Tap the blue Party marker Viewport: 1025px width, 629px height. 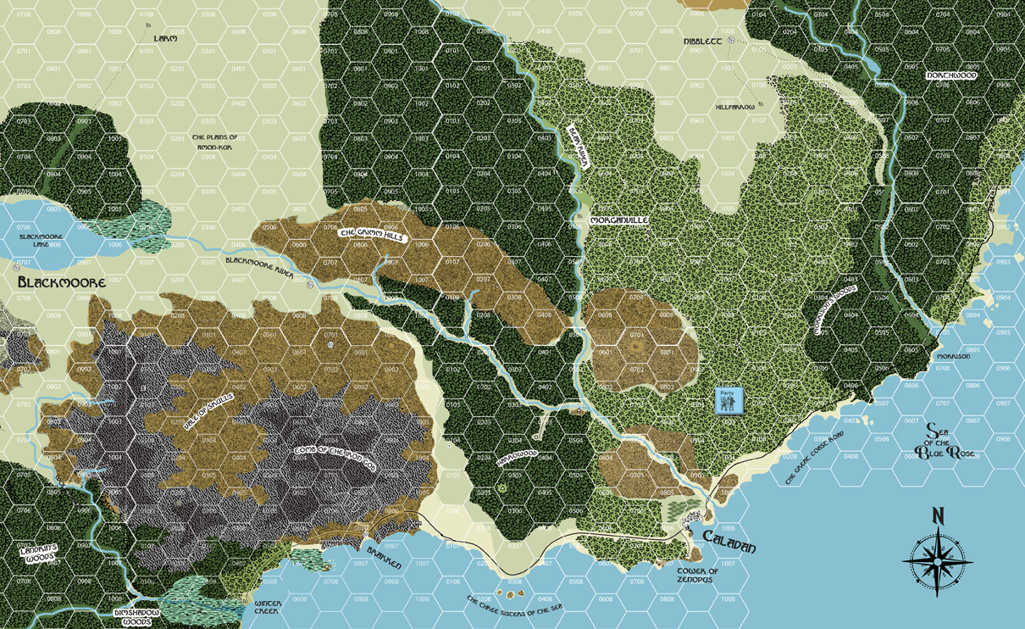coord(727,401)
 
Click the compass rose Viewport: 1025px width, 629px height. coord(938,553)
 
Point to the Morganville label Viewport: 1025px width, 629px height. coord(618,220)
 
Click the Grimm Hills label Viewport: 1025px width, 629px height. coord(371,236)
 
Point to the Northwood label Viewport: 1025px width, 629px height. coord(951,75)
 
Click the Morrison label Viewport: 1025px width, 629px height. coord(953,357)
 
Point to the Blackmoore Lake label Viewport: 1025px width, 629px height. coord(40,241)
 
